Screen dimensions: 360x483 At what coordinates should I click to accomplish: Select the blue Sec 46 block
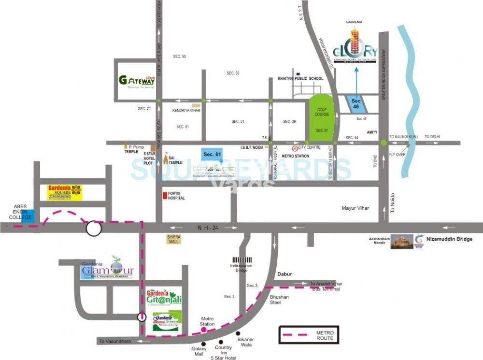pos(356,103)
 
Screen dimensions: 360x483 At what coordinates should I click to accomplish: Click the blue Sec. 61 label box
pos(212,154)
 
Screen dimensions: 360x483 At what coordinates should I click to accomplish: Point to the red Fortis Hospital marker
pos(165,196)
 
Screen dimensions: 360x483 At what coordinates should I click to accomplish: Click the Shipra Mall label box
pos(174,239)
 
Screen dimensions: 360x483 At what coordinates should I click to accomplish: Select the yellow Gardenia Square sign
pos(65,192)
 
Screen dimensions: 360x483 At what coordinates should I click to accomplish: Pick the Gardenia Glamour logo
pos(107,270)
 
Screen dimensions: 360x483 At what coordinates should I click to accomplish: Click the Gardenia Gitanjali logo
pos(165,297)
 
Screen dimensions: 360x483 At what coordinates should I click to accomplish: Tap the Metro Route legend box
pos(309,334)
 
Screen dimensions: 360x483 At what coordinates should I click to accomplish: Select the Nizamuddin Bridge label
pos(450,239)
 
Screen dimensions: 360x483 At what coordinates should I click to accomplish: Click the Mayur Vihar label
pos(355,208)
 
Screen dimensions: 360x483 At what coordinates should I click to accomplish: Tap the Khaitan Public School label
pos(300,78)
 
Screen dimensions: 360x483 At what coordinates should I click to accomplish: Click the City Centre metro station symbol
pos(295,148)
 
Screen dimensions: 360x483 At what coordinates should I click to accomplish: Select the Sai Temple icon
pos(166,158)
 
